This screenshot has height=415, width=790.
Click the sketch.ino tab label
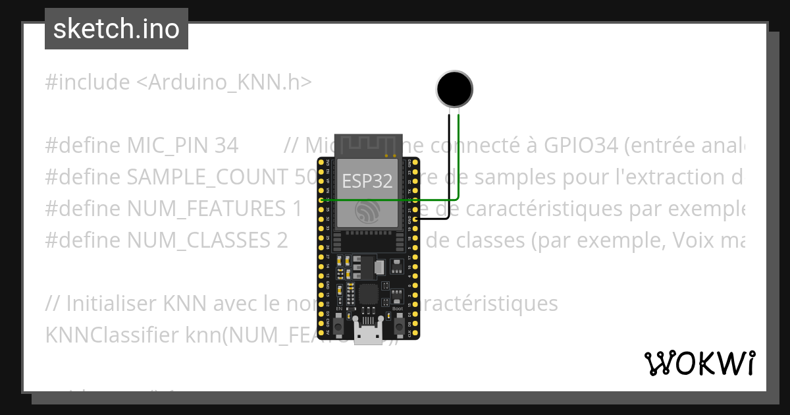click(117, 29)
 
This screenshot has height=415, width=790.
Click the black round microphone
click(454, 88)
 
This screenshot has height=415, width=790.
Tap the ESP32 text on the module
click(367, 180)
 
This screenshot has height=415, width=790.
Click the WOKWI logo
click(699, 363)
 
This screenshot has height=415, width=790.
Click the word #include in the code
click(88, 82)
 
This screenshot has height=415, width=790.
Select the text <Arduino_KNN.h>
click(224, 82)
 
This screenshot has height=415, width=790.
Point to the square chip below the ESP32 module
click(369, 294)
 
